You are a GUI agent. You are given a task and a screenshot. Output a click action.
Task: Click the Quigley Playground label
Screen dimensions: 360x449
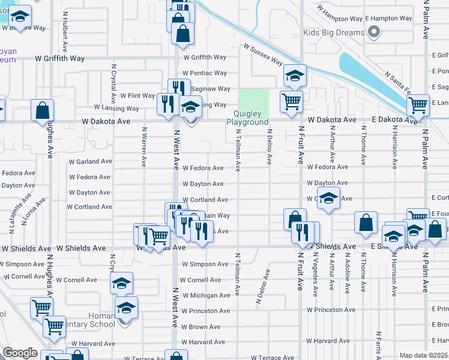[247, 118]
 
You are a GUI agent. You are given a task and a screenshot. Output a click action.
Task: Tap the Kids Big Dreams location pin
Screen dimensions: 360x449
[375, 32]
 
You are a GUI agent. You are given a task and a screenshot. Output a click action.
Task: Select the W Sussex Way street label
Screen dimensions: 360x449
[263, 54]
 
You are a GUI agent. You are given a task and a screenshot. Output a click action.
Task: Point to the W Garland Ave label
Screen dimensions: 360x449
[90, 161]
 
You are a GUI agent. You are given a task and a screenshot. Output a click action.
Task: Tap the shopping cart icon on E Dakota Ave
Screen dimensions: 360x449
[418, 105]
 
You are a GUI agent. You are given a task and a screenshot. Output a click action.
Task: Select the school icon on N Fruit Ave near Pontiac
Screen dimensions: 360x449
[295, 76]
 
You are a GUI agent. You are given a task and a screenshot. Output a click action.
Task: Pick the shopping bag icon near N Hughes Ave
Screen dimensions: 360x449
[43, 110]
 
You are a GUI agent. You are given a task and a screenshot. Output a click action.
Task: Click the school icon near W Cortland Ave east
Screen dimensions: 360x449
[328, 198]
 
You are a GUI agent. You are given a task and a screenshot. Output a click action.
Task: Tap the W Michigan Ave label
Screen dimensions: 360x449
[206, 295]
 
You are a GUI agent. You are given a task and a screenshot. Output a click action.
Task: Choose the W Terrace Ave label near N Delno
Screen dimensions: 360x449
[273, 358]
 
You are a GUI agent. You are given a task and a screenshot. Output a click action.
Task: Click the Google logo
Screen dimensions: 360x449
[19, 353]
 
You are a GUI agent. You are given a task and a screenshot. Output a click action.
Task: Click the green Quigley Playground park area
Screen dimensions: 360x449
[255, 100]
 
